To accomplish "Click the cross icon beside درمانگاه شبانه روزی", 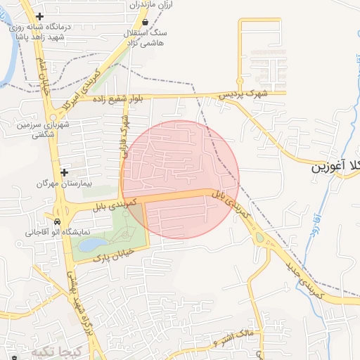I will (x=39, y=16).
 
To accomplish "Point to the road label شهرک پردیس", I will (x=242, y=92).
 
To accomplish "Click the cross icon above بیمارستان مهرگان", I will (x=64, y=172).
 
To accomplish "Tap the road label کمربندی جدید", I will (x=304, y=278).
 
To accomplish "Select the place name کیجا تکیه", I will (x=57, y=350).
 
